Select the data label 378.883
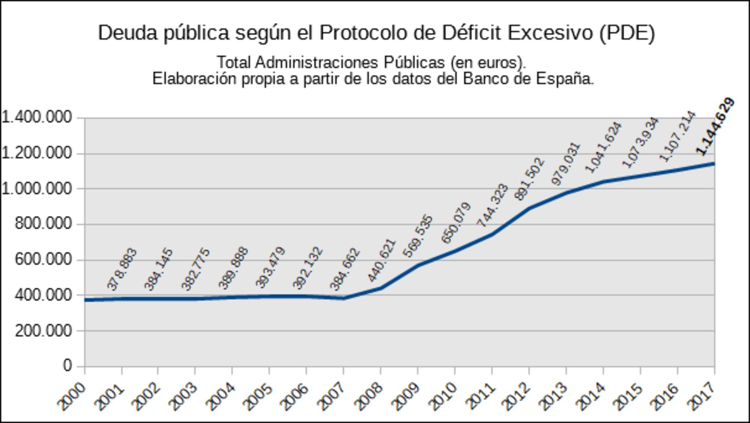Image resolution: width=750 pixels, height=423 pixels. tap(122, 269)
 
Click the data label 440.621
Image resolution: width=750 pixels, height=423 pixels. tap(381, 260)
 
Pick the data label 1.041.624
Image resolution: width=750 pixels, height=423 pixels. tap(603, 148)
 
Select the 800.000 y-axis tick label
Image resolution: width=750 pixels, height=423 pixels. tap(43, 224)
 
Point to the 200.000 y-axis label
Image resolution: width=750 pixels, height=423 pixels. tap(43, 331)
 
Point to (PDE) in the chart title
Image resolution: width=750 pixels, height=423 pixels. tap(627, 33)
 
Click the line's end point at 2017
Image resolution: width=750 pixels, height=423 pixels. tap(714, 164)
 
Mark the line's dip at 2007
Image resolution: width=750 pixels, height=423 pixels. tap(343, 298)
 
